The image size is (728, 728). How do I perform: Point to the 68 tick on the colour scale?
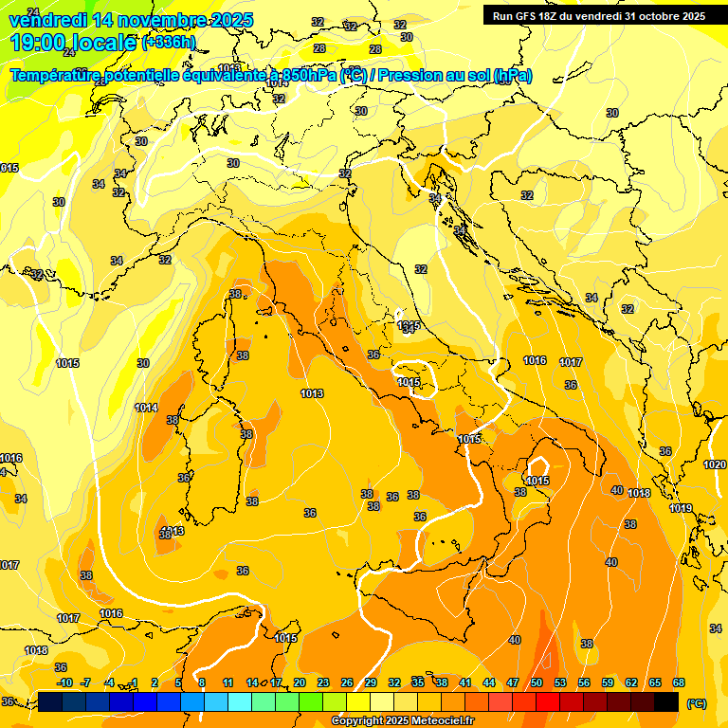tap(679, 682)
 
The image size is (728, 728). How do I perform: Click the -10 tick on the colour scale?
tap(64, 682)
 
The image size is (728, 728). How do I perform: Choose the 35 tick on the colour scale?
tap(418, 682)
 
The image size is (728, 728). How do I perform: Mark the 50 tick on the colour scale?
tap(537, 682)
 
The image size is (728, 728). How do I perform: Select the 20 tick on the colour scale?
tap(300, 682)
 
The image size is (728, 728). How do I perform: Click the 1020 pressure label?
tap(715, 464)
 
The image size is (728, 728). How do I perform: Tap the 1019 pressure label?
tap(681, 508)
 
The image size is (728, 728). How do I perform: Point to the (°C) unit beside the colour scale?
tap(697, 702)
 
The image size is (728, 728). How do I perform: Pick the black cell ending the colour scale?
tap(667, 701)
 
